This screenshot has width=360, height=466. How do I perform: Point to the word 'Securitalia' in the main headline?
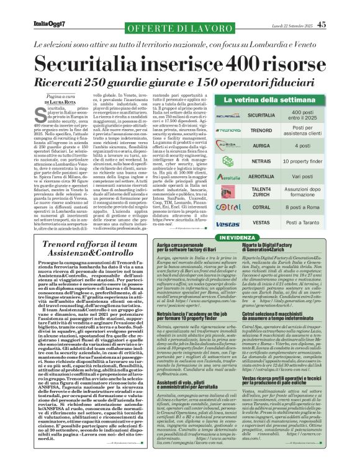[92, 63]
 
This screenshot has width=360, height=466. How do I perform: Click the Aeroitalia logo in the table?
[227, 177]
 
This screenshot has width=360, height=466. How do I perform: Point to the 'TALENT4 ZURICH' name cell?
[260, 192]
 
